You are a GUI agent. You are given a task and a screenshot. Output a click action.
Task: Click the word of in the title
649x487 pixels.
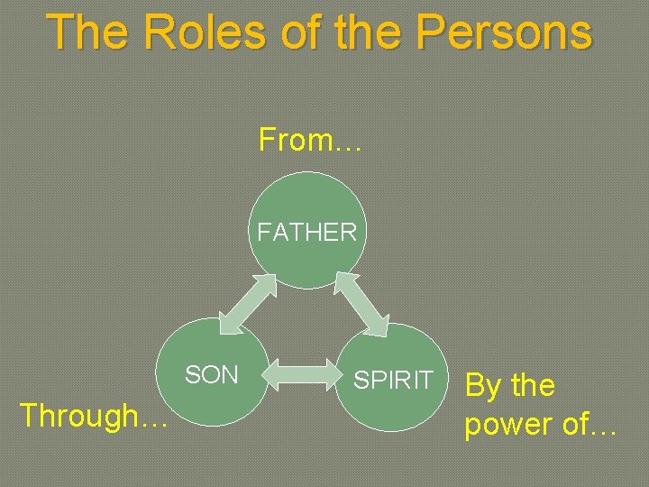295,32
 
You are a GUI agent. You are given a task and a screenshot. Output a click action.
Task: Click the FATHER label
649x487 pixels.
307,232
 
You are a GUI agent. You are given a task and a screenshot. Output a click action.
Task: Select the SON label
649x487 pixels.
212,375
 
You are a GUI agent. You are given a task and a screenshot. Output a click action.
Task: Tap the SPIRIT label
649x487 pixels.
394,380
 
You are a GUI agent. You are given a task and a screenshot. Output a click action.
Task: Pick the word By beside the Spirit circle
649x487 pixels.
482,386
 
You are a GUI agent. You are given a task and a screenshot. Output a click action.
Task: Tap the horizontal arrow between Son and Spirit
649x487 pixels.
304,372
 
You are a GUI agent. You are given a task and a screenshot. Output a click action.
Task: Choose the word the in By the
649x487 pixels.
533,386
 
